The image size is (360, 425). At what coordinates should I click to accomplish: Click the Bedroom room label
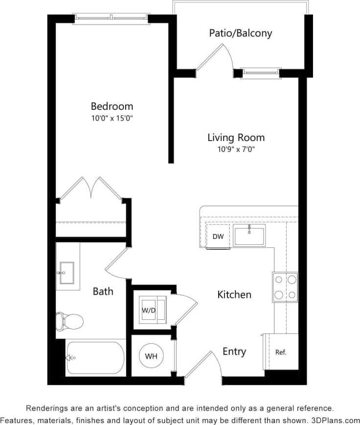pos(112,106)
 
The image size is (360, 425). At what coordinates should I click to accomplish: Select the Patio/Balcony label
pos(240,33)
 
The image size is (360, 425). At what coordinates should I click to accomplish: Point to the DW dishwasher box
pos(218,237)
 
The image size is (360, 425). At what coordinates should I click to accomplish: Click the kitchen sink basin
pos(249,236)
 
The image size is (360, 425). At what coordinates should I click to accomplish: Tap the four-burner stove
pos(286,287)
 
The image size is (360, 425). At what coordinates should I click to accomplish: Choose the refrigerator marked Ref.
pos(281,352)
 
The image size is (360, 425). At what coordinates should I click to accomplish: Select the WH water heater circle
pos(151,356)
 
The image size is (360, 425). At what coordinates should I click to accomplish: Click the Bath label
pos(103,291)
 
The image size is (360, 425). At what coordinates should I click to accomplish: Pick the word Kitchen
pos(234,294)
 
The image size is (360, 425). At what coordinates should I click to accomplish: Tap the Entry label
pos(234,351)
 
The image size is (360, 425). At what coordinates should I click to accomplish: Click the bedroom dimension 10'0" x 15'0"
pos(112,118)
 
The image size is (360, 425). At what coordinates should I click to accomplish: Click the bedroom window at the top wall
pos(112,19)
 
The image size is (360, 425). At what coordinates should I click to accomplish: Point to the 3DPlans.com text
pos(333,420)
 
